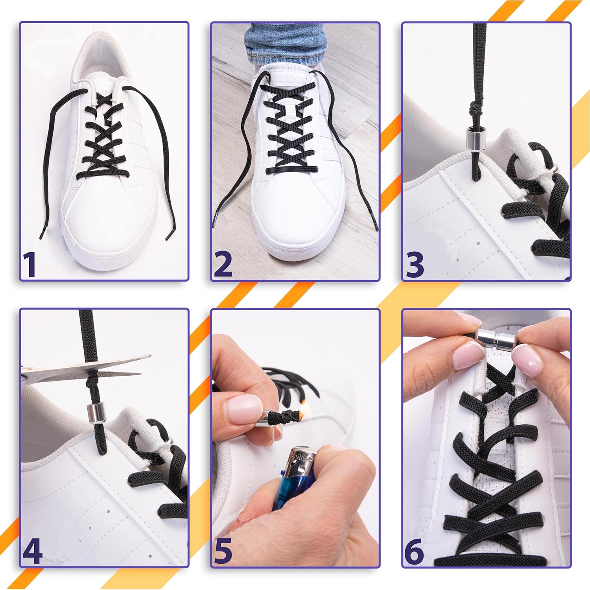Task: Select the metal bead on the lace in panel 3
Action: tap(472, 137)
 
